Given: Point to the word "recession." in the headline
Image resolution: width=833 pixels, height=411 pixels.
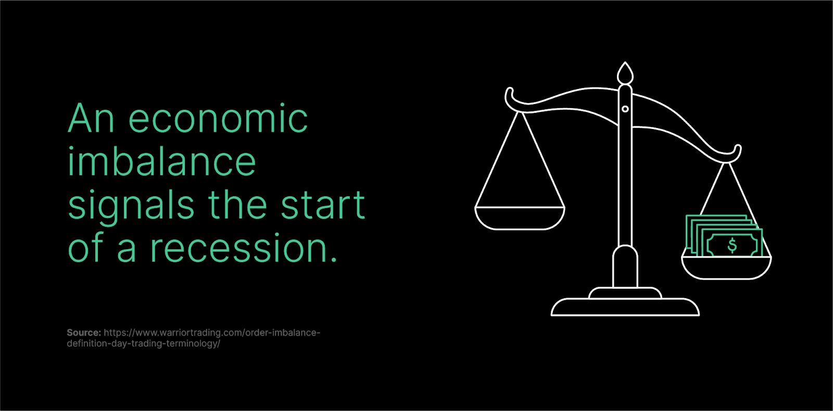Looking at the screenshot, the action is [x=244, y=248].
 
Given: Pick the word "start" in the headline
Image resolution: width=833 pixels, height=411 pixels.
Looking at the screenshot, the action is [x=323, y=205].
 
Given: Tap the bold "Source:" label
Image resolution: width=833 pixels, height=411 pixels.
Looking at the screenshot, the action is [x=84, y=332].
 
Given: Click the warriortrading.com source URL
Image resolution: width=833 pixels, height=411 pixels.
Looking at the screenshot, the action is [x=193, y=338].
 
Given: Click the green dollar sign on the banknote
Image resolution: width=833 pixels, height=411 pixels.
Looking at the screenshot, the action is [x=732, y=245].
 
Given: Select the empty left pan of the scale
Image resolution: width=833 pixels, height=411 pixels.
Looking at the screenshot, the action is [x=520, y=218].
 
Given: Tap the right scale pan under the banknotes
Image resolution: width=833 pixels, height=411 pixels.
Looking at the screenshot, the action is [x=726, y=267].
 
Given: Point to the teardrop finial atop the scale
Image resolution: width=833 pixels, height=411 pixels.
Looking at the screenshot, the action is [x=625, y=73].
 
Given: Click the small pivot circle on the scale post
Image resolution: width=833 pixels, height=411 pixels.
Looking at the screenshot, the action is [x=625, y=109].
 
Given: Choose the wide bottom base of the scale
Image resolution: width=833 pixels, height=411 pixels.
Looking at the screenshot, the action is [x=625, y=307].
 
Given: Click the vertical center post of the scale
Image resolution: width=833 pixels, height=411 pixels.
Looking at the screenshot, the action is [x=625, y=167].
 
